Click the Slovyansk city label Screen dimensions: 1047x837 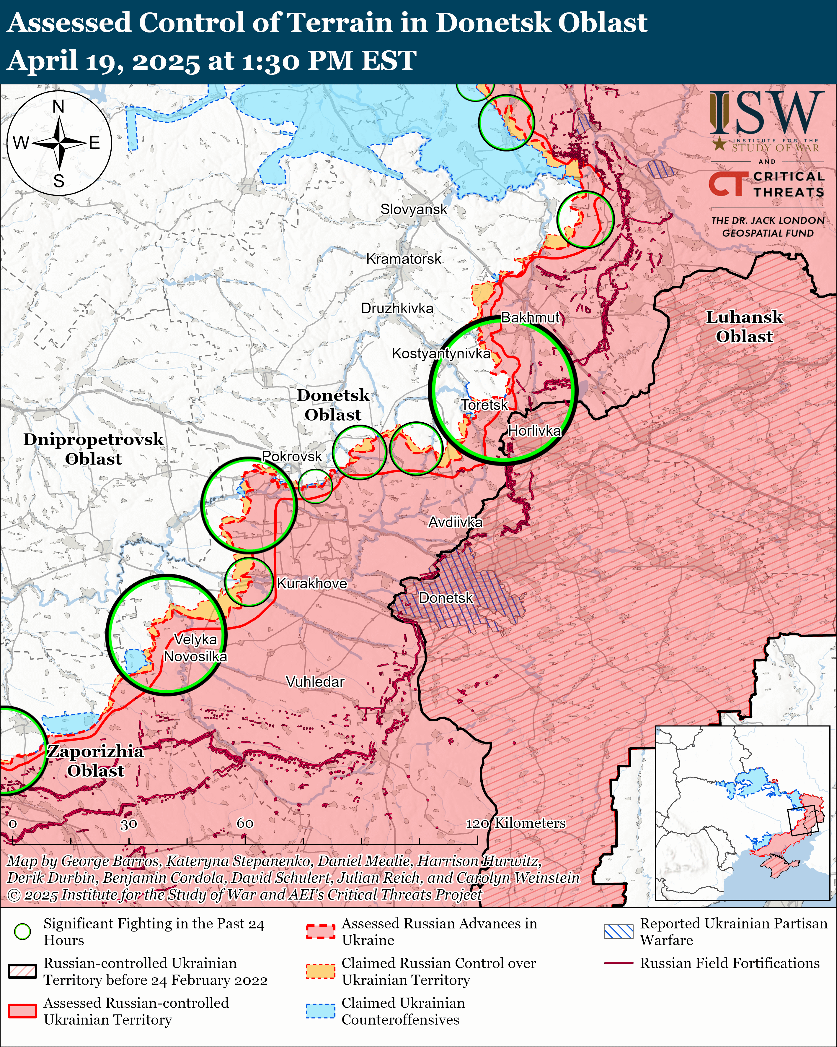click(413, 209)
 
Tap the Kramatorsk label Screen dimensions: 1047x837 click(404, 259)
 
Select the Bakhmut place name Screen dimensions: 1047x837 click(530, 318)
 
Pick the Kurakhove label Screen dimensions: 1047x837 click(311, 583)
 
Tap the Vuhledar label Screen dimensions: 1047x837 click(315, 682)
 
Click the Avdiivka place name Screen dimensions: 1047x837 click(455, 522)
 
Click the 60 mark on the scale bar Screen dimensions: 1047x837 click(245, 823)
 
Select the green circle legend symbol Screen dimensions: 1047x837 click(22, 931)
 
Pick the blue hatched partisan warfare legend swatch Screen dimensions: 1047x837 click(619, 931)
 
